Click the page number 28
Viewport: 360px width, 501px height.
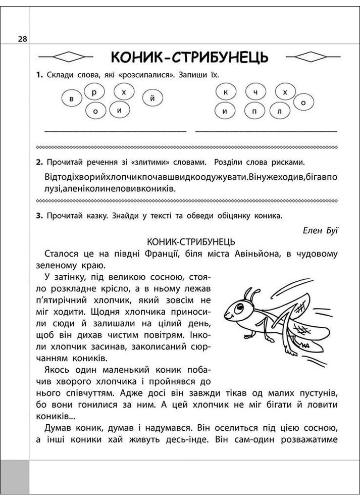[23, 39]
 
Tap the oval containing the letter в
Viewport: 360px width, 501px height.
[72, 98]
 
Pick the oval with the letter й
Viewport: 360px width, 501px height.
[152, 98]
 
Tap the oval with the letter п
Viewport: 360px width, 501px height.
[253, 111]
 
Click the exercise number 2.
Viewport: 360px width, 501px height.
[38, 163]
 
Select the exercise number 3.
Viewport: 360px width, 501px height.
[38, 216]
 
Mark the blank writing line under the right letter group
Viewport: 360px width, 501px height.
[266, 131]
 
